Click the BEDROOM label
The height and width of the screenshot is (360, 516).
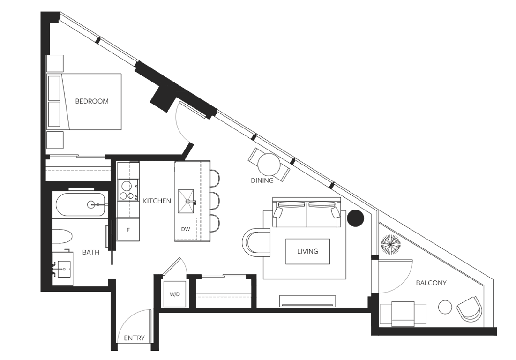point(92,101)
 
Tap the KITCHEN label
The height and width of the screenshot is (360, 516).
point(157,201)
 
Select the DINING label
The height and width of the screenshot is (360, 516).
point(262,180)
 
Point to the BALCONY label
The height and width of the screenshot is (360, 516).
point(431,283)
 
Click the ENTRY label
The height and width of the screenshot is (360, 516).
point(134,338)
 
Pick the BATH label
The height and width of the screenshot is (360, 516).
point(91,252)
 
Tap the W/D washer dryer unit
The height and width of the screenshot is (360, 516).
point(175,294)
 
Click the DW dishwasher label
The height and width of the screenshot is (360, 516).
point(186,229)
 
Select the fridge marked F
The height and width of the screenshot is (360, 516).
point(128,229)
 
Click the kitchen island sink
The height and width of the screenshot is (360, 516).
point(186,201)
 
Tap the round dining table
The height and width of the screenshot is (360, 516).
point(269,164)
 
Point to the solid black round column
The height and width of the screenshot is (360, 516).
point(356,218)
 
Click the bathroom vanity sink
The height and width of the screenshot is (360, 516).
point(64,269)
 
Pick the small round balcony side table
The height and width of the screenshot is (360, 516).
point(445,307)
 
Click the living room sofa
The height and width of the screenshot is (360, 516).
point(307,212)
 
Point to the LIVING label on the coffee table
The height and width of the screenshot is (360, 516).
point(307,251)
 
